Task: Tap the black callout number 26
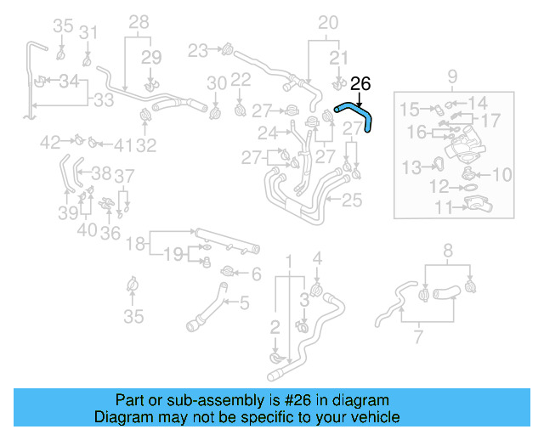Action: pyautogui.click(x=361, y=83)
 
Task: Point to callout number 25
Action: pyautogui.click(x=351, y=201)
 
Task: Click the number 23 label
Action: pyautogui.click(x=197, y=51)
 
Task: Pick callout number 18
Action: pyautogui.click(x=136, y=245)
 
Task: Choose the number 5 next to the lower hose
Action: pyautogui.click(x=244, y=302)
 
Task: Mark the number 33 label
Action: pyautogui.click(x=103, y=100)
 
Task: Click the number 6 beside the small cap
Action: pyautogui.click(x=256, y=274)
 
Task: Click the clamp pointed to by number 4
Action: pyautogui.click(x=316, y=291)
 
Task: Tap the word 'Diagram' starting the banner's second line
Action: pyautogui.click(x=120, y=417)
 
